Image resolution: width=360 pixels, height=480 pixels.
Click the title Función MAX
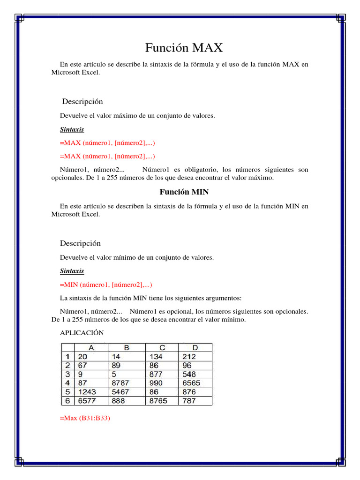184,47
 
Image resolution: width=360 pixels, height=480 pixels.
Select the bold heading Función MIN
184,192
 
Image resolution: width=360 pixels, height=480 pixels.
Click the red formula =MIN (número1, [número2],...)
106,285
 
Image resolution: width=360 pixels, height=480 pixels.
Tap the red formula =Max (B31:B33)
85,418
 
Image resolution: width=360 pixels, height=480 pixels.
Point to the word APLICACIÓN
82,332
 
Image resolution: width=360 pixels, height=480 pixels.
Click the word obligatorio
202,169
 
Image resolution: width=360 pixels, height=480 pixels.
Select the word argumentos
221,298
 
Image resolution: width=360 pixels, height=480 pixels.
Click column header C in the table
162,348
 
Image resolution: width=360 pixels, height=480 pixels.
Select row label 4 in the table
67,383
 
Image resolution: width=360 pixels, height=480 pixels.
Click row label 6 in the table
67,401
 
